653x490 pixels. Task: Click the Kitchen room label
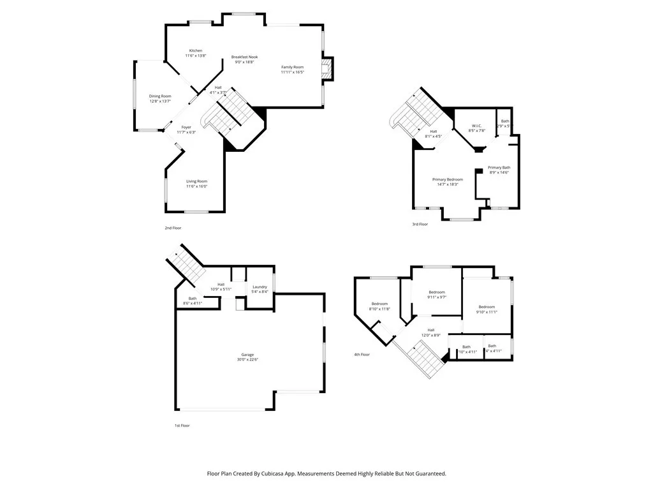point(195,50)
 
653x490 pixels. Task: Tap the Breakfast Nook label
point(244,57)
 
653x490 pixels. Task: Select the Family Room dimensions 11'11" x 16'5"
point(293,72)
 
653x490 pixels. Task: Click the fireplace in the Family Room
point(327,69)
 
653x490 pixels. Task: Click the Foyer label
point(186,127)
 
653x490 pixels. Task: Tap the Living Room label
point(196,181)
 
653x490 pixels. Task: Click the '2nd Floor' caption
point(173,228)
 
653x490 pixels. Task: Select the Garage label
point(247,355)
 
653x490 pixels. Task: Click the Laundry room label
point(260,286)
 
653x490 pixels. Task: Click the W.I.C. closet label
point(478,125)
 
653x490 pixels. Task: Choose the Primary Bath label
point(499,167)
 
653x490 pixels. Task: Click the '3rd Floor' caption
point(420,224)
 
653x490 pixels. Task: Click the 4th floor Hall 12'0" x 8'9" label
point(431,330)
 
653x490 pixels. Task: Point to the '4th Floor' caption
point(362,354)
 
